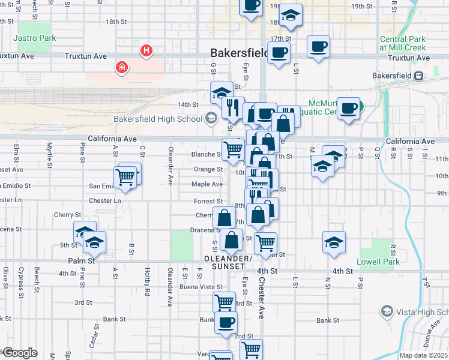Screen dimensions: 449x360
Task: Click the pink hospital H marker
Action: (x=146, y=51)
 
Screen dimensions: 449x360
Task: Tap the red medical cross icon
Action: (x=122, y=67)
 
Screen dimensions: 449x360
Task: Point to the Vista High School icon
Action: (x=387, y=311)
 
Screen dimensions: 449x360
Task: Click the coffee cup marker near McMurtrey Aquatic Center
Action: (x=349, y=108)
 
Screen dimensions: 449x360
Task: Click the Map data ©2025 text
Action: (x=423, y=355)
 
